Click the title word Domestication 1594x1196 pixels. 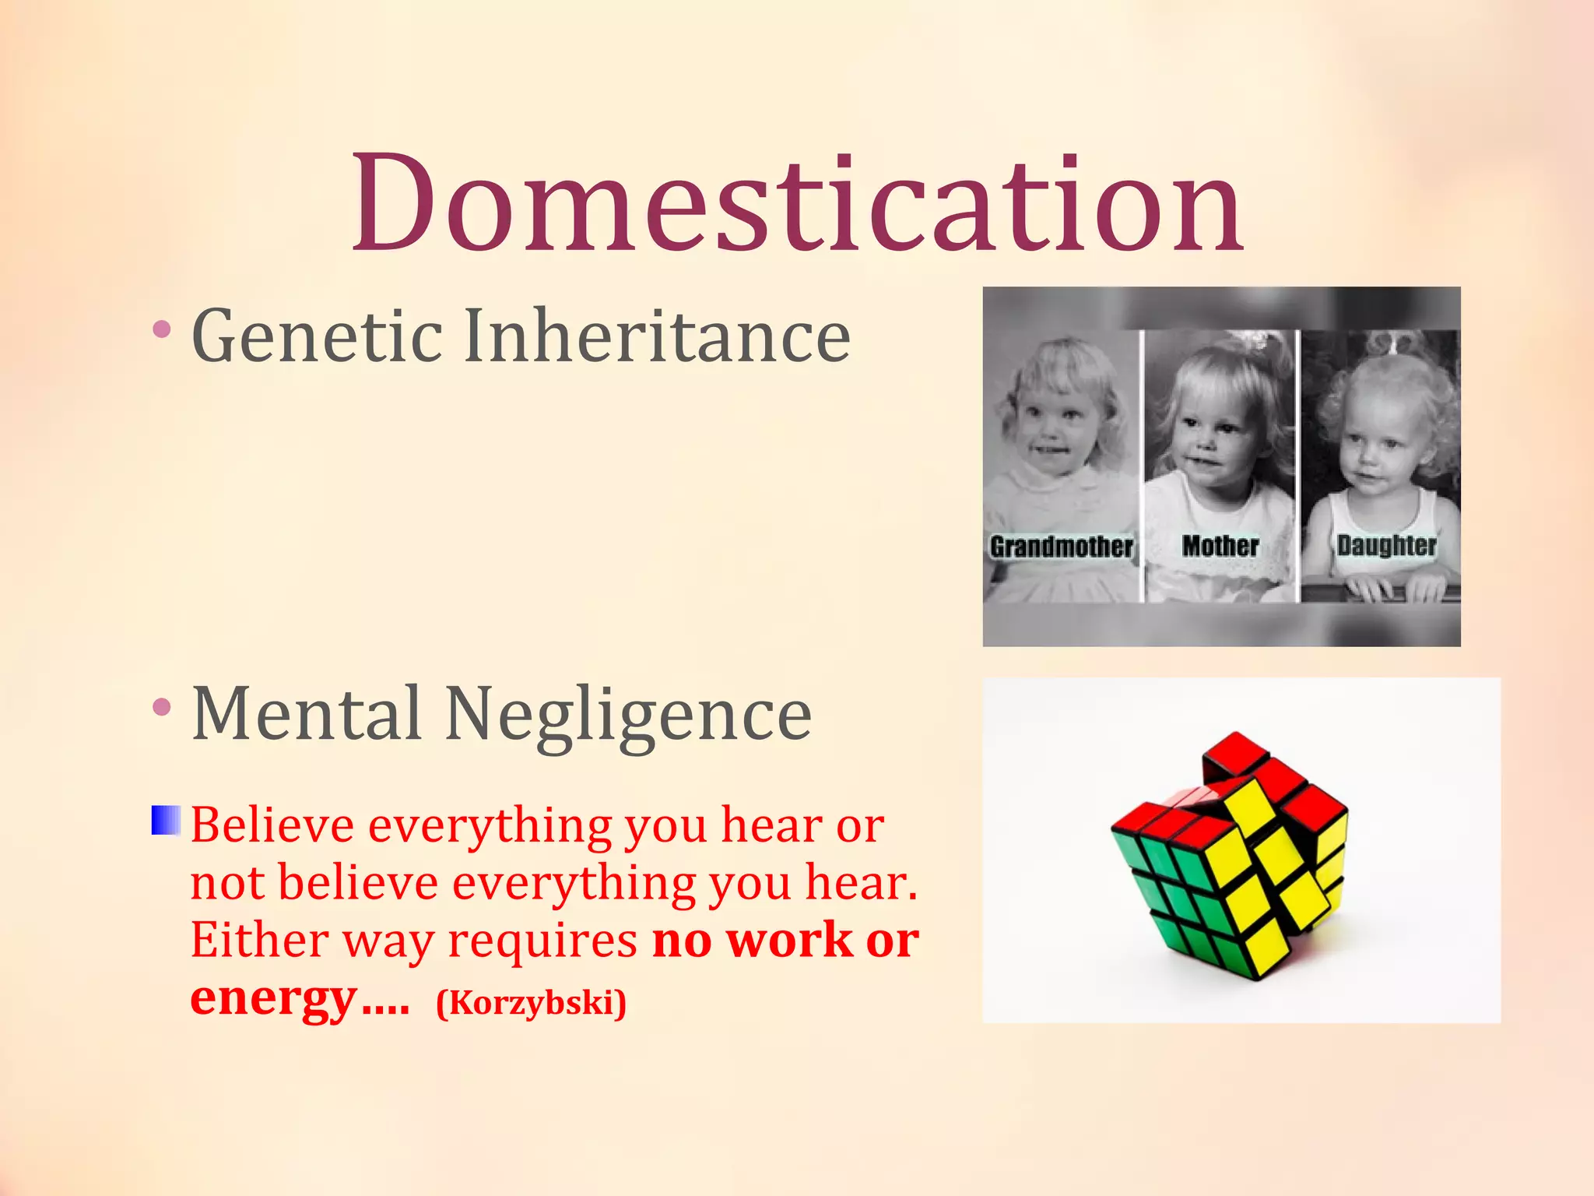[797, 204]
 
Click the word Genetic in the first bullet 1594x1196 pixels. [317, 336]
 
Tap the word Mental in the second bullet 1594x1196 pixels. [307, 714]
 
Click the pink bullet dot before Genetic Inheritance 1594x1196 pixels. [162, 329]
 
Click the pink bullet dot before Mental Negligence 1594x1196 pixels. [162, 707]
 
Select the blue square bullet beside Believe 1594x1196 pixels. [165, 821]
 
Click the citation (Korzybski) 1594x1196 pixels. [531, 1002]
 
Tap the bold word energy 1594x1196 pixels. [273, 998]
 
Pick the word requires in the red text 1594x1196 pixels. [542, 941]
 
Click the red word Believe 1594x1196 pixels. [272, 825]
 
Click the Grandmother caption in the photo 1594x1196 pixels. [1061, 547]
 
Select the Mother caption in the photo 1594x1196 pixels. [1220, 546]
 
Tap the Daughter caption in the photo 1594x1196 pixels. [1386, 545]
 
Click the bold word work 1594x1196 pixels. [789, 941]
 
